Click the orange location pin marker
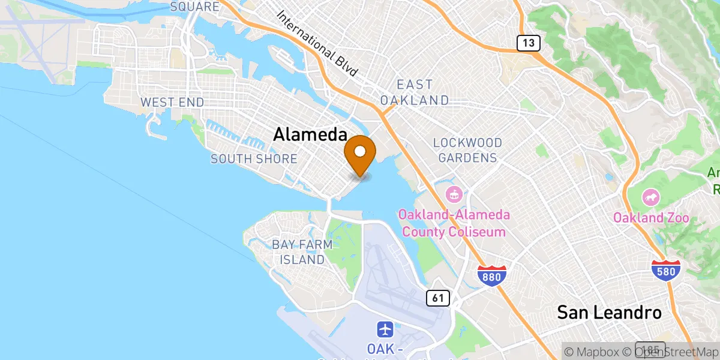(x=360, y=154)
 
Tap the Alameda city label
(x=310, y=134)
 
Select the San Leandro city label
(x=609, y=312)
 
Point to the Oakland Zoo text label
(x=651, y=218)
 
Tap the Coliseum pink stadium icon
(x=453, y=194)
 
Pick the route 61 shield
(x=439, y=297)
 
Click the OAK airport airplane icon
(x=385, y=329)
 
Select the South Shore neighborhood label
(x=254, y=159)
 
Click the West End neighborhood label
(x=172, y=103)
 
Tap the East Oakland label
(x=414, y=92)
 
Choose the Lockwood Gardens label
(x=467, y=151)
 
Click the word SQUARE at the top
(x=194, y=7)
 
